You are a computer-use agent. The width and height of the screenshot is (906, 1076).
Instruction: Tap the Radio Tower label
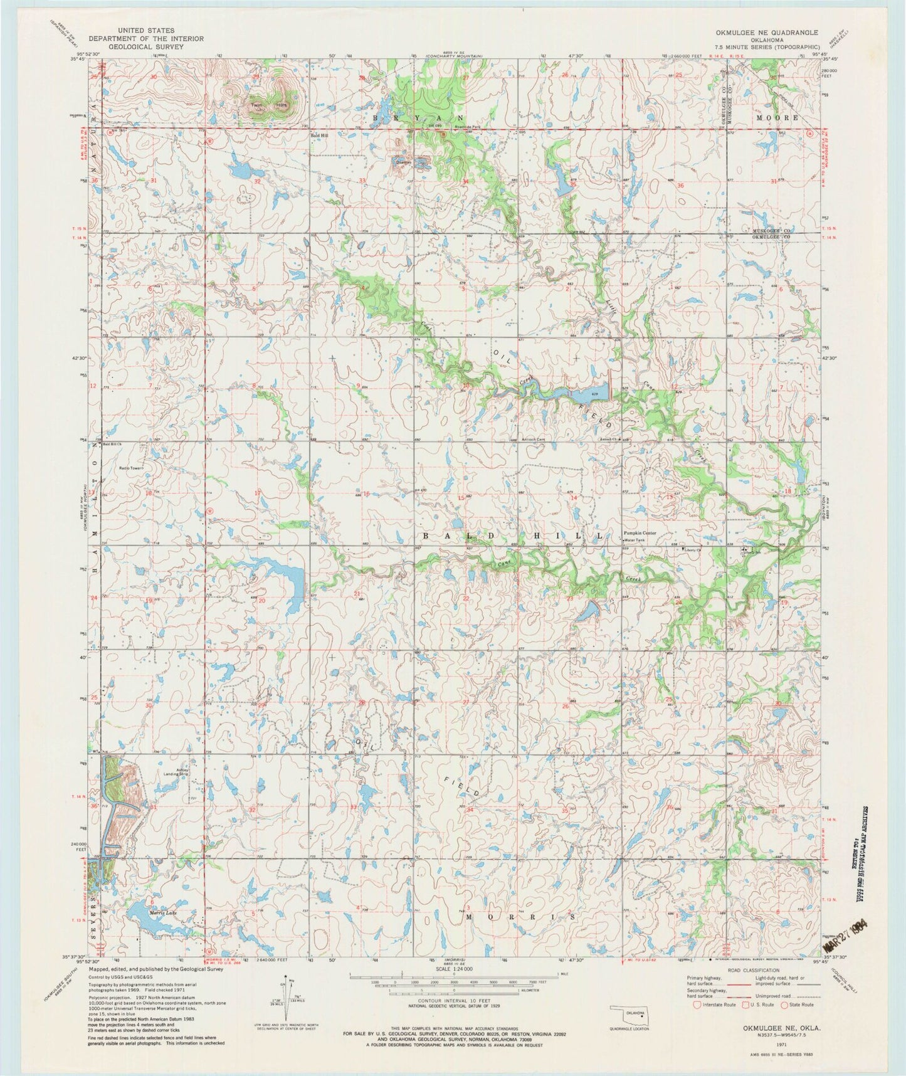tap(132, 468)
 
